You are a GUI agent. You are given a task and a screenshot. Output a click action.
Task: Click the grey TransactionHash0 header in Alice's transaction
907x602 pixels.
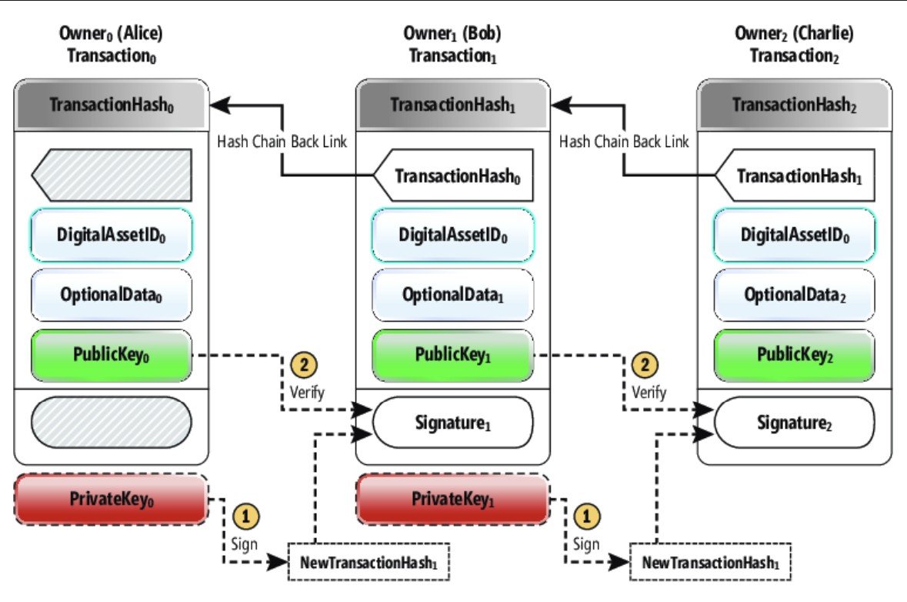(112, 106)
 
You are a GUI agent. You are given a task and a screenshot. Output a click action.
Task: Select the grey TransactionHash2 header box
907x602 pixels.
(795, 105)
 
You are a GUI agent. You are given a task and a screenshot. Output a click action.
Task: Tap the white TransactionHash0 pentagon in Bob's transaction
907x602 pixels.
(454, 176)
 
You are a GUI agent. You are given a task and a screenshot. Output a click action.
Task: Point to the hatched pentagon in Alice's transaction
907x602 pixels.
(112, 176)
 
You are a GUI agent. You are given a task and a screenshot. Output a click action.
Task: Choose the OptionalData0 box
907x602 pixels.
(112, 294)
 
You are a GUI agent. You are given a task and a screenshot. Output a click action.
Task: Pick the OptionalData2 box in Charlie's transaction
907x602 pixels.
(795, 294)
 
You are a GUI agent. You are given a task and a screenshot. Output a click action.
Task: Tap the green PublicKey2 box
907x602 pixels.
(795, 355)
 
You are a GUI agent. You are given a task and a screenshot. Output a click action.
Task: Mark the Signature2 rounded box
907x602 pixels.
(795, 423)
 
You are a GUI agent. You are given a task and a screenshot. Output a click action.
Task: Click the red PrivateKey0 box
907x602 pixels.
(112, 498)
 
